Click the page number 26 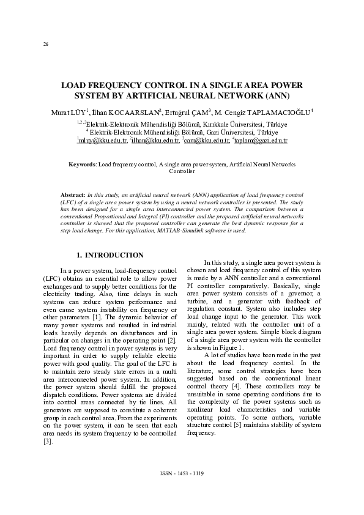tap(45, 44)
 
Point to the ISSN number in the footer tap(182, 474)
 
